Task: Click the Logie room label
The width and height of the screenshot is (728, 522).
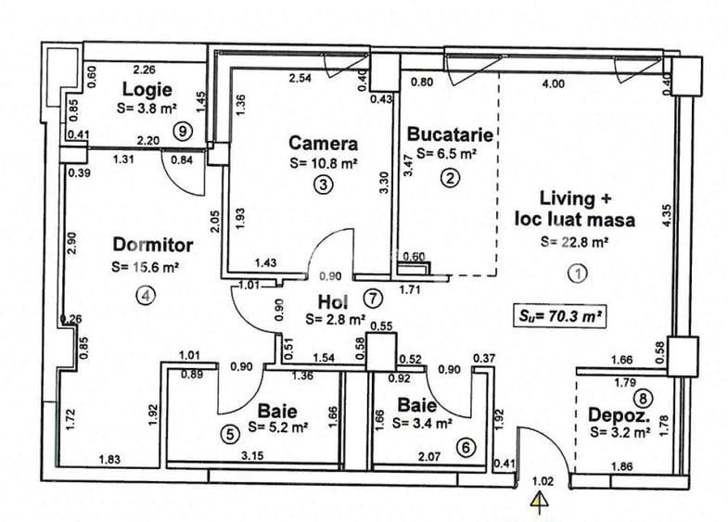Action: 147,89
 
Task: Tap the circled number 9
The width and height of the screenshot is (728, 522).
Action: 183,132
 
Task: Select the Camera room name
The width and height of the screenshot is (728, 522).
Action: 323,144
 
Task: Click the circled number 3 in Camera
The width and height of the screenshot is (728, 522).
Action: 323,185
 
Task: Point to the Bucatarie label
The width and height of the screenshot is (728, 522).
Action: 450,134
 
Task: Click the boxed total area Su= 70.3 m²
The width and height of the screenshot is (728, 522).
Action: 560,316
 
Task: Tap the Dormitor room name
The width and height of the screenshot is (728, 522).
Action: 153,245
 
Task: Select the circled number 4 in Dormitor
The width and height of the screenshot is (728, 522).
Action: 146,295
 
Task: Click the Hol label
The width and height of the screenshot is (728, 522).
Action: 333,302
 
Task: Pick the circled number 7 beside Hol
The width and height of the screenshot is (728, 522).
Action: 373,299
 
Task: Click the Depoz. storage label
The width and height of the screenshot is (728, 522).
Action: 619,415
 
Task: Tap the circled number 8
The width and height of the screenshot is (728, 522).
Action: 644,398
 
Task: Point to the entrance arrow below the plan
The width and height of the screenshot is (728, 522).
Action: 540,503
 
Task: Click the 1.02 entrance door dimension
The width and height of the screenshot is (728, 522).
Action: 543,481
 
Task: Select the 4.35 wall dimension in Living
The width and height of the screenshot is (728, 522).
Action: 666,215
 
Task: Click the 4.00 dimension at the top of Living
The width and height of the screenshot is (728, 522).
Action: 554,83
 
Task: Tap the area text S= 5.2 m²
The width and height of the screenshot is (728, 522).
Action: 278,427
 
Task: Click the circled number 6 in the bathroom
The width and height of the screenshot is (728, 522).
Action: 466,447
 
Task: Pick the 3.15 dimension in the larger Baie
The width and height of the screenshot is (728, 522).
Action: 252,455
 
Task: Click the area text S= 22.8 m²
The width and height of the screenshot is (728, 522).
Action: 575,242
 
